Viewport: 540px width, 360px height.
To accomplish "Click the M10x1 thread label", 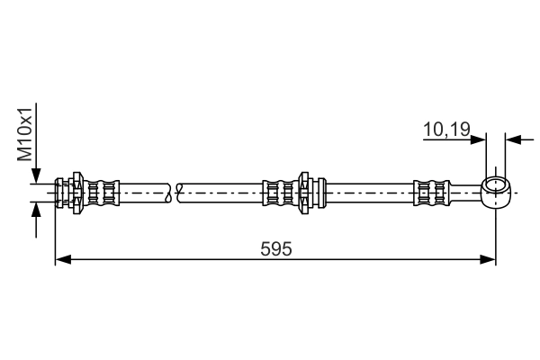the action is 25,134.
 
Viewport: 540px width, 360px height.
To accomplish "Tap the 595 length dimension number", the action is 276,248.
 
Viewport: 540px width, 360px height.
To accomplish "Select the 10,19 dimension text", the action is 446,130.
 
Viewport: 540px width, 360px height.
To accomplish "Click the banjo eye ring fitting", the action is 496,193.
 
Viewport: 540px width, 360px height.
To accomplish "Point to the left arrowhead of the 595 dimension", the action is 63,259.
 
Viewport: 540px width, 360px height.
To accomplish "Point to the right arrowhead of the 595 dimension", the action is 488,259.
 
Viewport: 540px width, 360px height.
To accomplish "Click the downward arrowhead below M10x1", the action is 36,175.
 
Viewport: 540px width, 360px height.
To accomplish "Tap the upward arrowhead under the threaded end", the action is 36,210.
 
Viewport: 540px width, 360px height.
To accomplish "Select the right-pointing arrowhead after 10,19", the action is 478,139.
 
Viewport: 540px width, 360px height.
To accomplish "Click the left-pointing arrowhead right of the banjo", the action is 513,139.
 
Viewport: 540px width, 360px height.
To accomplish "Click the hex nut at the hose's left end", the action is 76,193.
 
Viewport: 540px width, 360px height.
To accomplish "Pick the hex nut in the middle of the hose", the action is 304,193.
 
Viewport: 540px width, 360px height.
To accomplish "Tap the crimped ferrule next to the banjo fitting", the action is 432,193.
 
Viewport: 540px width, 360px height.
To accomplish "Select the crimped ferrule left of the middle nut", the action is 281,193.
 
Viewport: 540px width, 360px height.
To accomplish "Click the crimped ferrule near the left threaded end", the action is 102,193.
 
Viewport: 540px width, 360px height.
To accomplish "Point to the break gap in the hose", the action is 173,193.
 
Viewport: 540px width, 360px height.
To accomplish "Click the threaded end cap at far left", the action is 59,193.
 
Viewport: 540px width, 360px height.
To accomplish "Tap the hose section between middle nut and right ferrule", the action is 370,193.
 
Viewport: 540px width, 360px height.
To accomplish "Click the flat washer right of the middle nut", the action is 321,193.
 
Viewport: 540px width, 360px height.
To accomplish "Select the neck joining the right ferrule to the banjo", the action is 466,193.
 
